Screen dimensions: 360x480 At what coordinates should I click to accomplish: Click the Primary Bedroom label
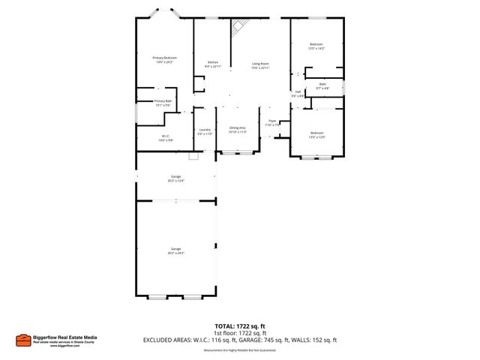(164, 59)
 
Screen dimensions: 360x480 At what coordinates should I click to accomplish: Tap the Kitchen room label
(212, 63)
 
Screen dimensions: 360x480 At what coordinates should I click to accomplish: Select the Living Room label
(260, 64)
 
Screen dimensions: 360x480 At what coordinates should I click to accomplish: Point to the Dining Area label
(238, 129)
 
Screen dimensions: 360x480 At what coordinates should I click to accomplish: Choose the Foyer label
(273, 123)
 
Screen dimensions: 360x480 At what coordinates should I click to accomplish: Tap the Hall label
(297, 94)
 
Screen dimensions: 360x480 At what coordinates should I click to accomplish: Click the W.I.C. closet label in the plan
(164, 138)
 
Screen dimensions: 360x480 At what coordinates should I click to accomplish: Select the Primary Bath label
(163, 103)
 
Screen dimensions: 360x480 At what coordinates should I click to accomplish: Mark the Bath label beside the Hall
(322, 85)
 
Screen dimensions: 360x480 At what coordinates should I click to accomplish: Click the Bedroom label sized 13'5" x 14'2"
(316, 46)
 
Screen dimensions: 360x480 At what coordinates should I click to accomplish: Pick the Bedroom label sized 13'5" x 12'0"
(316, 134)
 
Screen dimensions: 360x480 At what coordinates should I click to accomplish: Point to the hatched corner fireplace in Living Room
(238, 27)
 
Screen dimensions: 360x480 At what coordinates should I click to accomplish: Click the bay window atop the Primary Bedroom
(164, 14)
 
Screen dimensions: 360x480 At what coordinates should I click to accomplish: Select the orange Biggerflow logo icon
(23, 340)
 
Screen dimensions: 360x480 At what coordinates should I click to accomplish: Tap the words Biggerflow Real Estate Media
(66, 337)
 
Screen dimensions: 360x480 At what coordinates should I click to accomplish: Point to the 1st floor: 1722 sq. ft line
(240, 334)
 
